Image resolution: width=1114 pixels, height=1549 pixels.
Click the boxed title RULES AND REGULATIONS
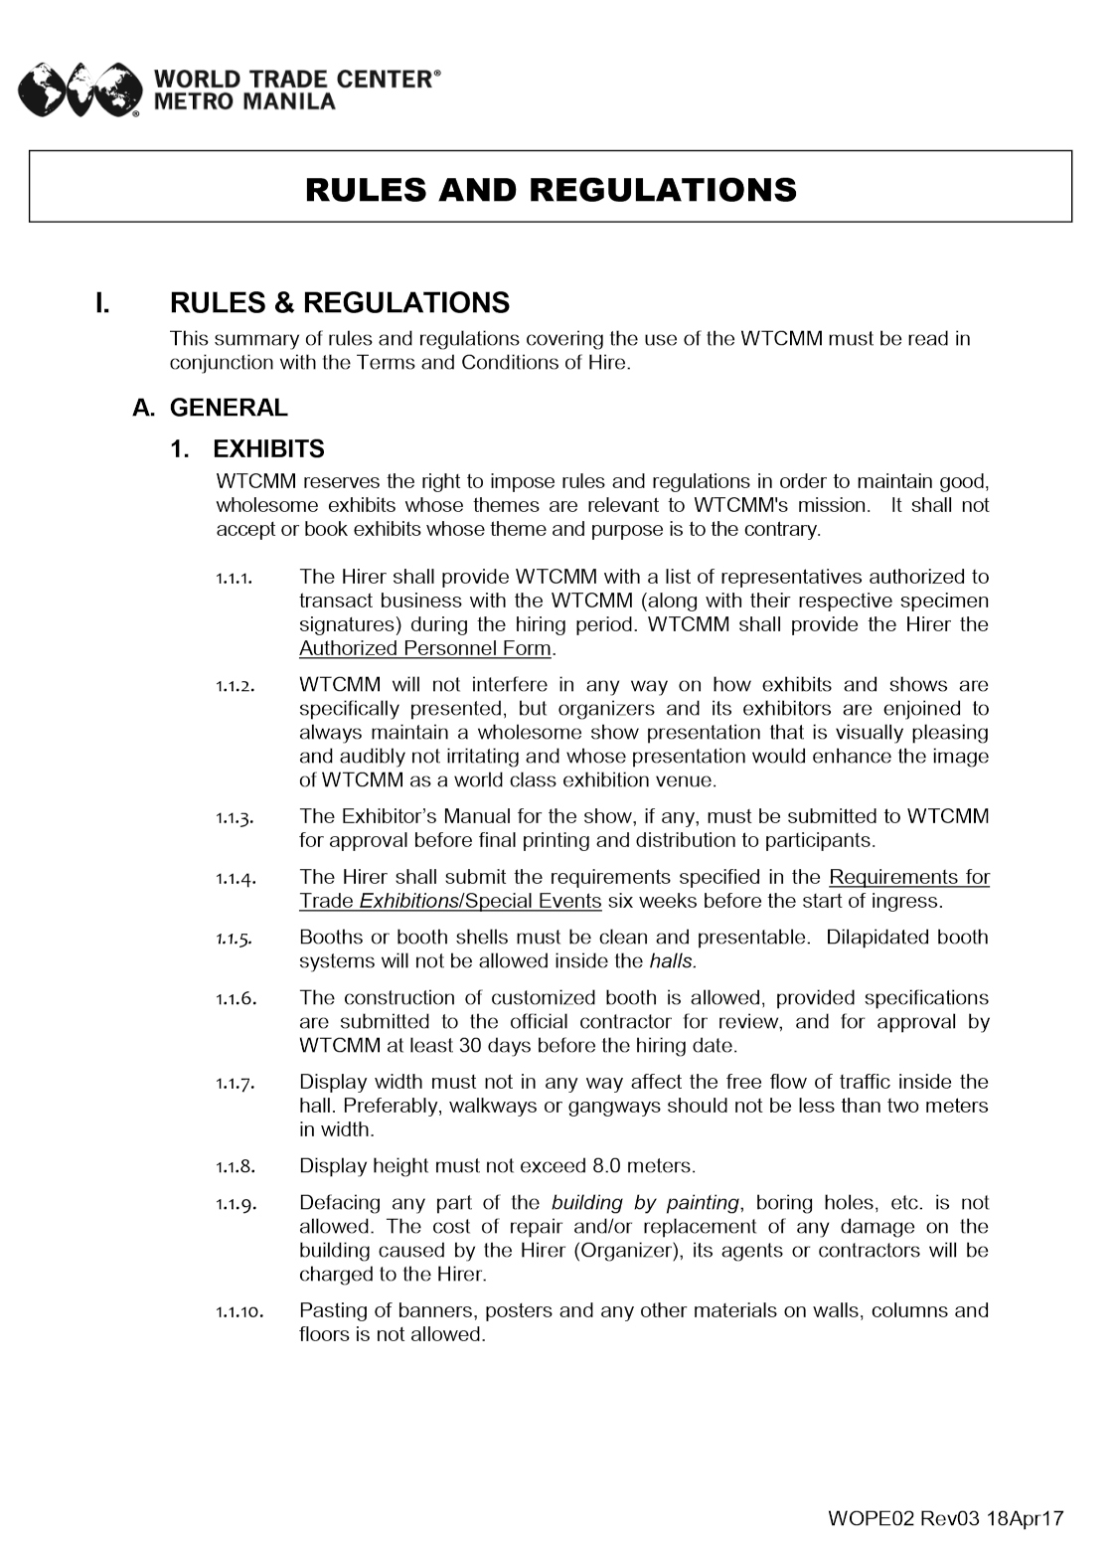tap(551, 189)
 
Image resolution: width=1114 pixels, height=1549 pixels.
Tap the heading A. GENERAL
tap(211, 408)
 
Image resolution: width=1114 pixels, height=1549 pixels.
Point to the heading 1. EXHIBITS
tap(248, 449)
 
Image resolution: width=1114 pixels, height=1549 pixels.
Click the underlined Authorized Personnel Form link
tap(425, 648)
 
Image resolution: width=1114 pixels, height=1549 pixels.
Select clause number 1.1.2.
tap(236, 686)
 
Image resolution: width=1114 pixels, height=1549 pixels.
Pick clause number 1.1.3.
tap(236, 818)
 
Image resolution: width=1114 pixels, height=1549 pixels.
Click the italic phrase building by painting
tap(646, 1202)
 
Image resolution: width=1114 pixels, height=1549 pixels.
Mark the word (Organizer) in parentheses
tap(625, 1251)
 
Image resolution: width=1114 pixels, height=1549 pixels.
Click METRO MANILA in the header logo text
tap(243, 100)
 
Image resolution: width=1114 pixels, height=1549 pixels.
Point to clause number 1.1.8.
tap(236, 1166)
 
